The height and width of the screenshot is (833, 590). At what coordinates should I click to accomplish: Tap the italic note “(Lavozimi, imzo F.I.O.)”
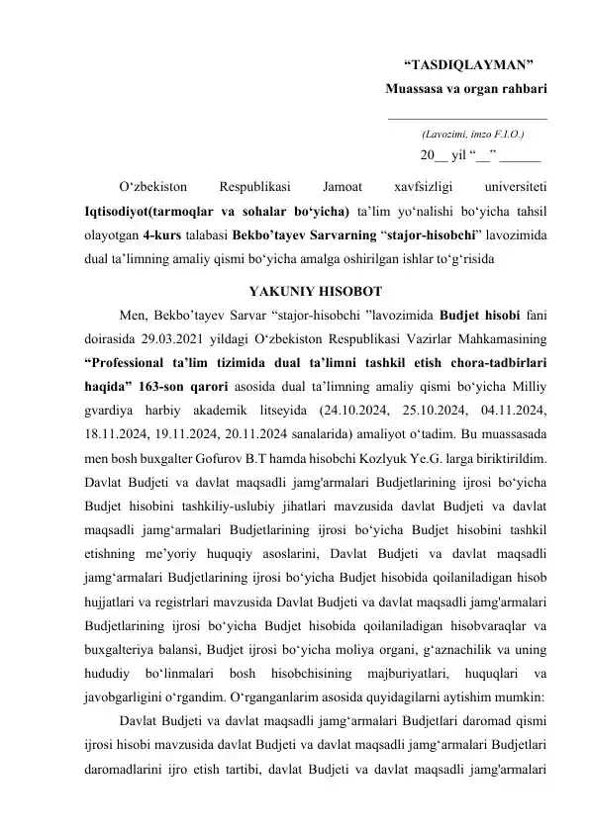coord(472,132)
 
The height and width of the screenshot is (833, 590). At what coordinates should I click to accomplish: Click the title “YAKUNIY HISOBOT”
coord(310,293)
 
